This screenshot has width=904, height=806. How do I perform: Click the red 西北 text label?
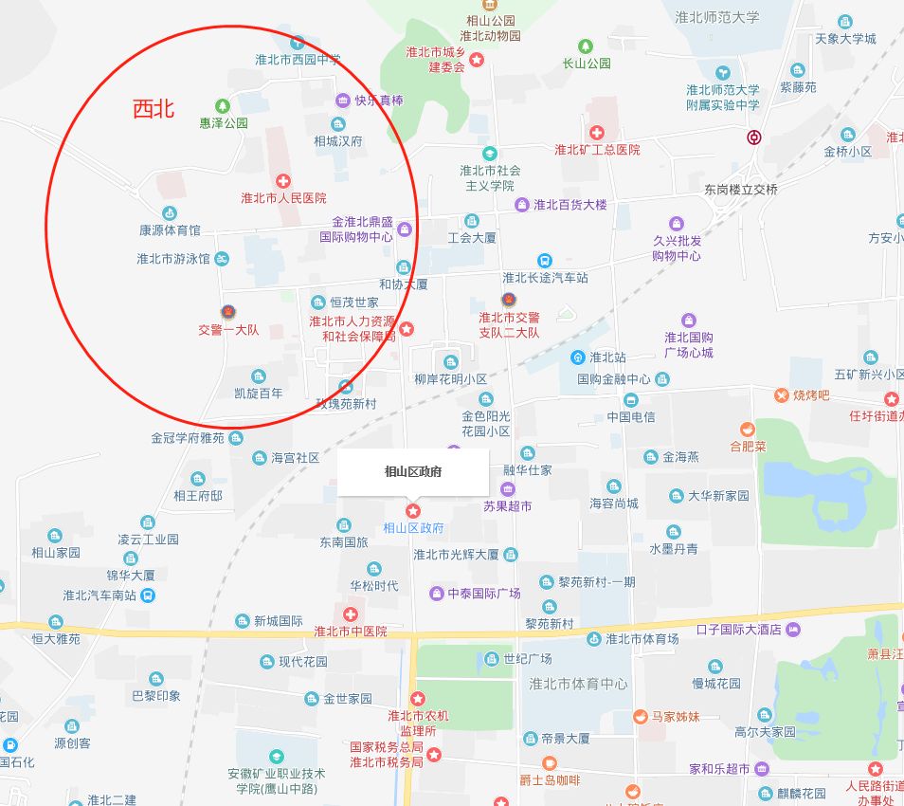click(x=154, y=109)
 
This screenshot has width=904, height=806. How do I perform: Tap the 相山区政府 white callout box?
click(x=413, y=471)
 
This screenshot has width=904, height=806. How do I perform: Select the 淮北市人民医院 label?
click(x=283, y=198)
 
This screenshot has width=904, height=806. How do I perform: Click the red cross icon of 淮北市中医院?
click(x=350, y=614)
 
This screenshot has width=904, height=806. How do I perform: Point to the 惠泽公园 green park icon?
click(x=223, y=105)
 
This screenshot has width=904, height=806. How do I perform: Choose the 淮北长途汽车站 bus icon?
click(x=544, y=260)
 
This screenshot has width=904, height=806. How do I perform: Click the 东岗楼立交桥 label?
click(x=740, y=189)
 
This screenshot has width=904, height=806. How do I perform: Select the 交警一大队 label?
click(x=227, y=330)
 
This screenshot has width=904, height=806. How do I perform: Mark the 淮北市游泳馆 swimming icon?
click(x=221, y=258)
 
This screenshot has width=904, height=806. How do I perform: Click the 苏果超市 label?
click(x=507, y=506)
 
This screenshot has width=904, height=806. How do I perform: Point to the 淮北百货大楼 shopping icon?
click(x=521, y=205)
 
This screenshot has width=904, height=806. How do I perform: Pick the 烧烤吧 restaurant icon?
click(x=781, y=394)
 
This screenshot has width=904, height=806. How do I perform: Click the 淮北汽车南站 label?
click(x=99, y=595)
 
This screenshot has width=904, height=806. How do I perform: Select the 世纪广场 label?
click(x=528, y=658)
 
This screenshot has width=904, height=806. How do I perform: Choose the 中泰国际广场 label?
click(x=484, y=594)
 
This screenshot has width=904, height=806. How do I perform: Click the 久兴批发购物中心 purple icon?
click(x=676, y=223)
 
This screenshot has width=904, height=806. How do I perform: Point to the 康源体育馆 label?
click(x=170, y=230)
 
